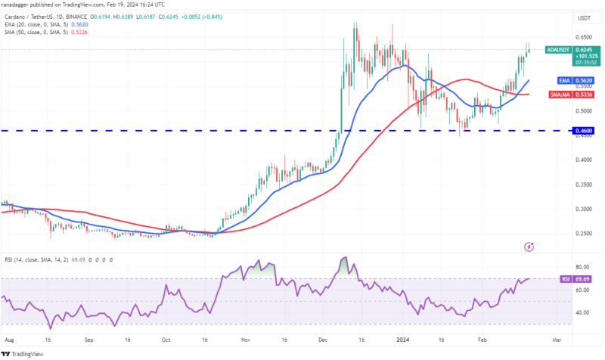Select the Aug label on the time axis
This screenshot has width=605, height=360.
pyautogui.click(x=8, y=340)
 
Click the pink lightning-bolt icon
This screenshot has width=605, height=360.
pyautogui.click(x=529, y=247)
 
